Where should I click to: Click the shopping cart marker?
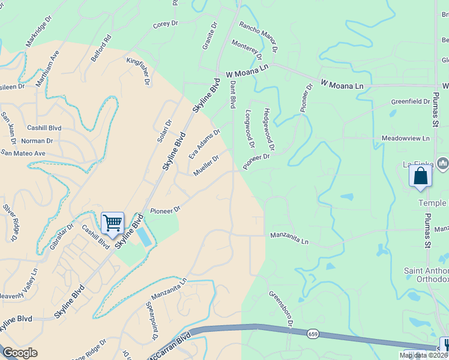(112, 223)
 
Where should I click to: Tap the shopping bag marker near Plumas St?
(421, 176)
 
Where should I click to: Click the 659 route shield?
(313, 332)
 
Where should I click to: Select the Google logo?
(20, 353)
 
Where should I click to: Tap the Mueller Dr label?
(205, 166)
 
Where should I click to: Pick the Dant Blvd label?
(232, 95)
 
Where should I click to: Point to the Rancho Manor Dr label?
(259, 35)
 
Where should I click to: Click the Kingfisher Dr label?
(137, 71)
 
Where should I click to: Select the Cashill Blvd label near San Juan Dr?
(44, 128)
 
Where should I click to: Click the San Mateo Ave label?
(23, 153)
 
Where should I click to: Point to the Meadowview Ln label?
(406, 138)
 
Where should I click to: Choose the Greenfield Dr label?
(411, 102)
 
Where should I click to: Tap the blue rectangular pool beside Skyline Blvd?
(143, 236)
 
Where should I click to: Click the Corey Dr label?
(166, 24)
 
